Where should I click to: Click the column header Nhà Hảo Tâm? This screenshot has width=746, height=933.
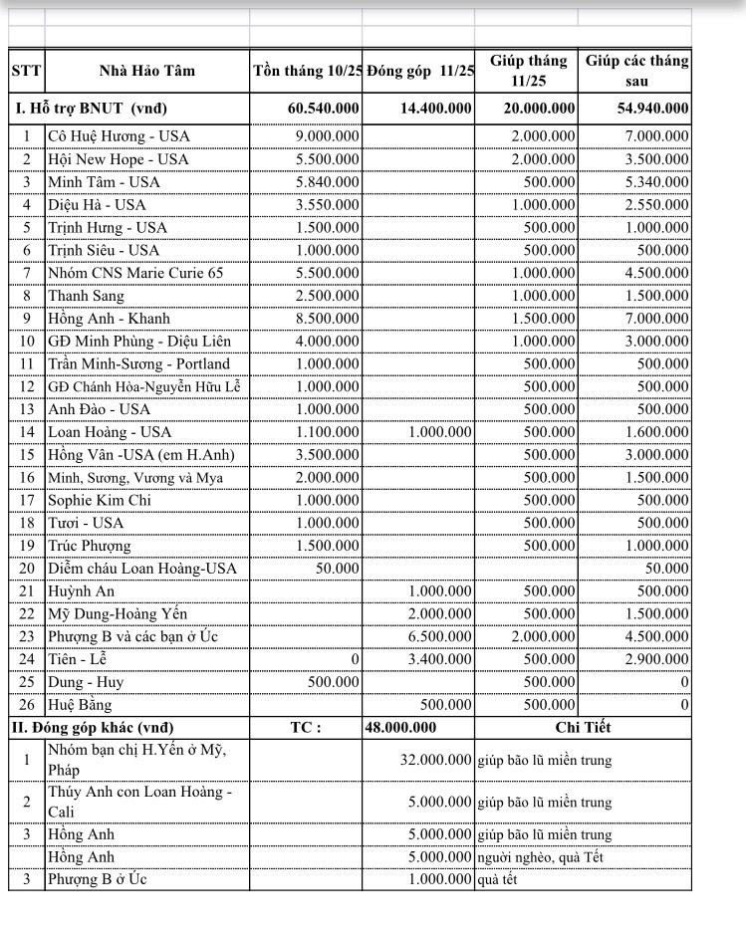click(x=146, y=71)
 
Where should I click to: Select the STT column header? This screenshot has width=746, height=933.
click(x=26, y=71)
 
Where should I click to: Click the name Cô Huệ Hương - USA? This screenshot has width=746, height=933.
click(x=119, y=136)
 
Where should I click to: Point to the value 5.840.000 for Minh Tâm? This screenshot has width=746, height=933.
click(x=328, y=182)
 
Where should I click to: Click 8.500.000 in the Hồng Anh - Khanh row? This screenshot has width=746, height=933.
click(x=328, y=319)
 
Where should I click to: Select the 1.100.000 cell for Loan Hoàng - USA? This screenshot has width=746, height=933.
click(x=328, y=432)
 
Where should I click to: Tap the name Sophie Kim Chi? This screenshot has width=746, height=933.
click(x=100, y=500)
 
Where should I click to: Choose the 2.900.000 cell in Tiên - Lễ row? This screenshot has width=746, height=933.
click(x=656, y=659)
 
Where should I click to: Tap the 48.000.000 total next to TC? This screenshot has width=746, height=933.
click(x=404, y=728)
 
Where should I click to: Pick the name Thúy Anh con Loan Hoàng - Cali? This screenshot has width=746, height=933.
click(x=139, y=802)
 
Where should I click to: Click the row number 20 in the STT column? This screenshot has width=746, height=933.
click(x=27, y=569)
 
